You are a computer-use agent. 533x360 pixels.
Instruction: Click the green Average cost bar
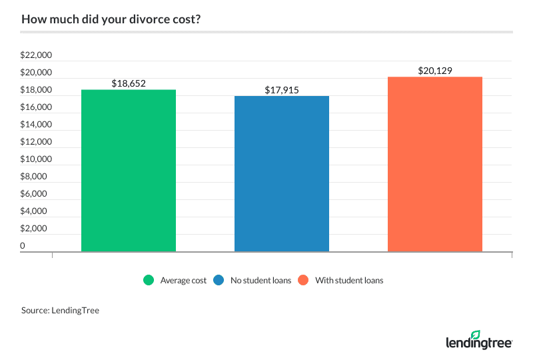(129, 171)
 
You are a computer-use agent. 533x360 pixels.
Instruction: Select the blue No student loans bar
(282, 173)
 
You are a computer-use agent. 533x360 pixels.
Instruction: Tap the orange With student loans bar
(435, 164)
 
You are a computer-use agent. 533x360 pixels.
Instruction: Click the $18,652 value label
(129, 83)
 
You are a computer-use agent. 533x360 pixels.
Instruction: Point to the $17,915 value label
(282, 90)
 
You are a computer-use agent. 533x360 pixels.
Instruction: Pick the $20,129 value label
(435, 71)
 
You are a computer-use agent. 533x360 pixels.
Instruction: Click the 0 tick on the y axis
(23, 246)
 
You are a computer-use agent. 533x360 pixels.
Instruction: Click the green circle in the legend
(149, 281)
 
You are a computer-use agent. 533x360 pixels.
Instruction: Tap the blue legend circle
(219, 281)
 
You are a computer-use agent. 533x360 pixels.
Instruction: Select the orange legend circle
(304, 281)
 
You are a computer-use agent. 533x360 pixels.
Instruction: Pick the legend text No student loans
(261, 281)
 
